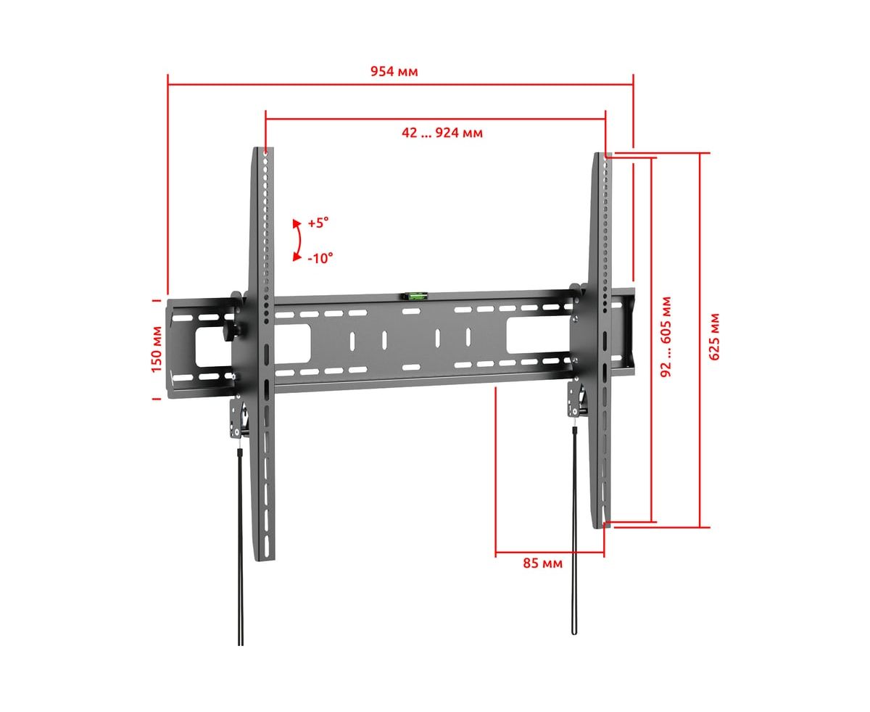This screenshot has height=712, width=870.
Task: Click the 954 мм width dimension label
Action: pos(394,71)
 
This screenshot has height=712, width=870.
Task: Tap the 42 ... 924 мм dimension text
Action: pos(442,133)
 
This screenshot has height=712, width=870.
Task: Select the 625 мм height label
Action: pos(714,337)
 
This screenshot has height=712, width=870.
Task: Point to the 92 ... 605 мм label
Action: pos(666,336)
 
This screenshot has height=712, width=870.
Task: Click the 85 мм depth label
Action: pos(542,563)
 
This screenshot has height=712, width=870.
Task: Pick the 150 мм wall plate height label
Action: pos(157,349)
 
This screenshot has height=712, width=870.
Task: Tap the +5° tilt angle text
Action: pos(318,223)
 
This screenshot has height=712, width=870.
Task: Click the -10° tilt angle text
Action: pos(320,258)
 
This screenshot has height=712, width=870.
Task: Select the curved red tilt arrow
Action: pos(299,240)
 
